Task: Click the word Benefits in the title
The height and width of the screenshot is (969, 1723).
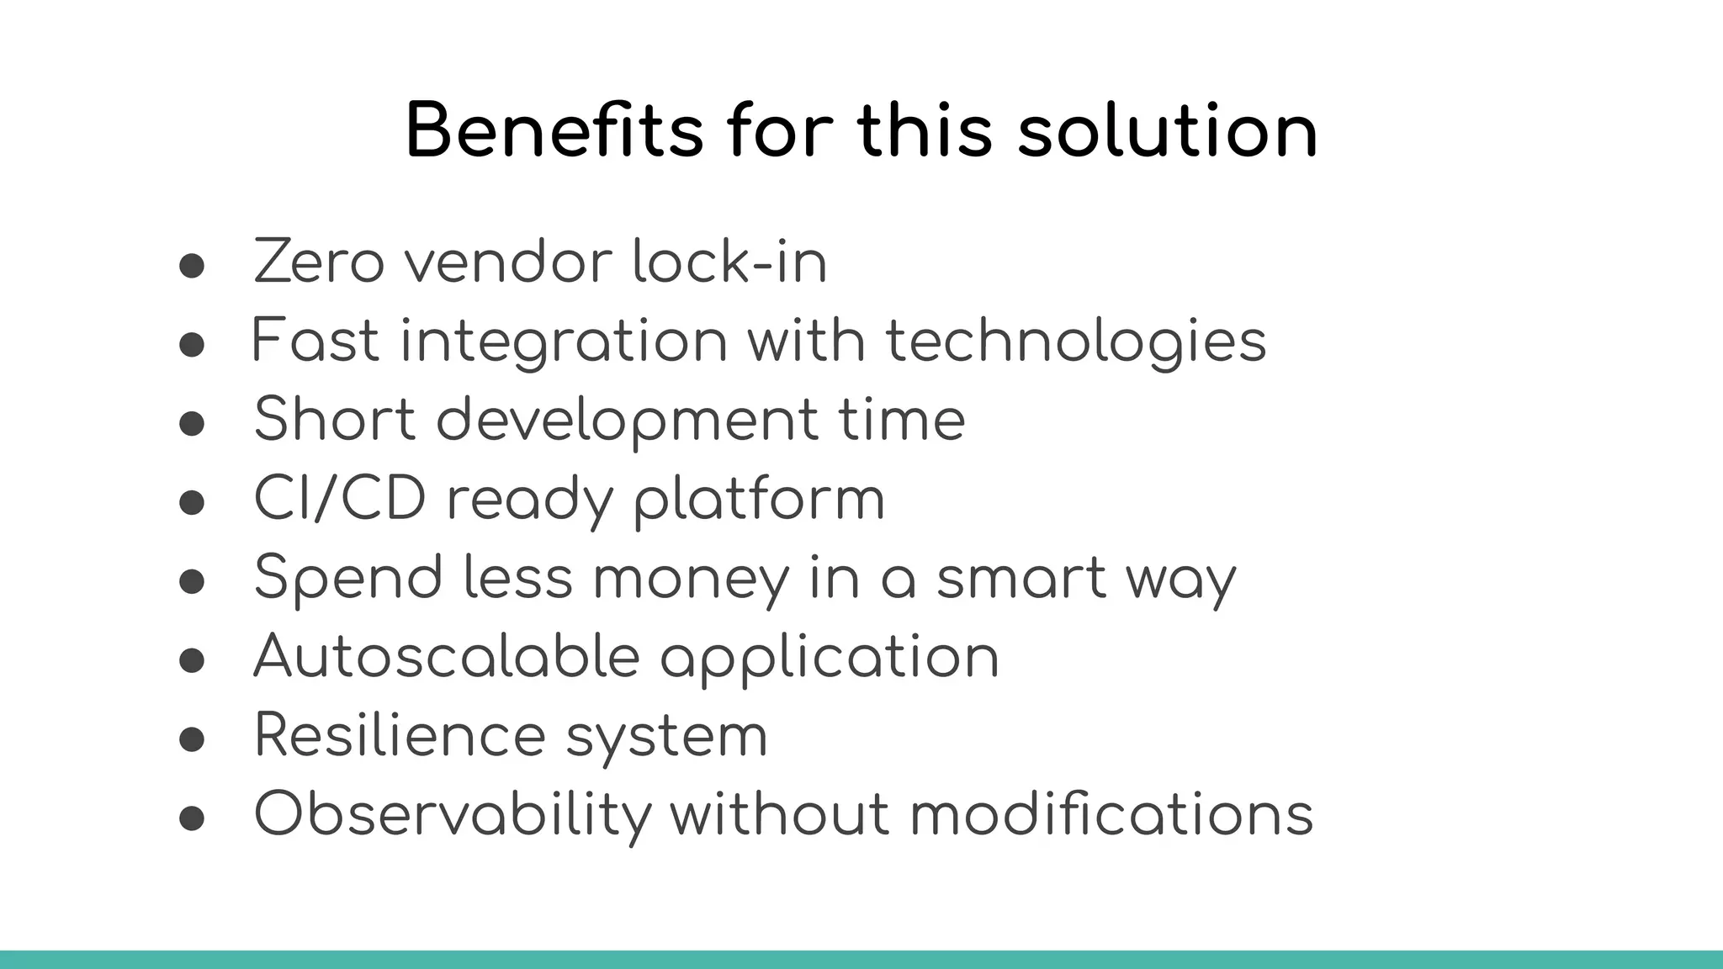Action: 554,131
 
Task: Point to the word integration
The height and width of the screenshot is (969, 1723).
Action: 564,342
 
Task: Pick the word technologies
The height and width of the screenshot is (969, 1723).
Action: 1076,341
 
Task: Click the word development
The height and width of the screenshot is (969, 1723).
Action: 627,420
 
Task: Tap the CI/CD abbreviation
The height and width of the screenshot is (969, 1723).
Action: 339,499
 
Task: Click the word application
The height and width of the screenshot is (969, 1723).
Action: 830,658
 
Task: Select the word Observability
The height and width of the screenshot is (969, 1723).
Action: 453,814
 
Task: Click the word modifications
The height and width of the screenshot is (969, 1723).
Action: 1111,814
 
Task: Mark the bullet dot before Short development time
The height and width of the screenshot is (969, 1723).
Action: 192,423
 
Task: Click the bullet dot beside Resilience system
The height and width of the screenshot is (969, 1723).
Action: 192,739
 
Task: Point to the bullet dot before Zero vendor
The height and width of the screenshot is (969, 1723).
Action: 192,266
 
